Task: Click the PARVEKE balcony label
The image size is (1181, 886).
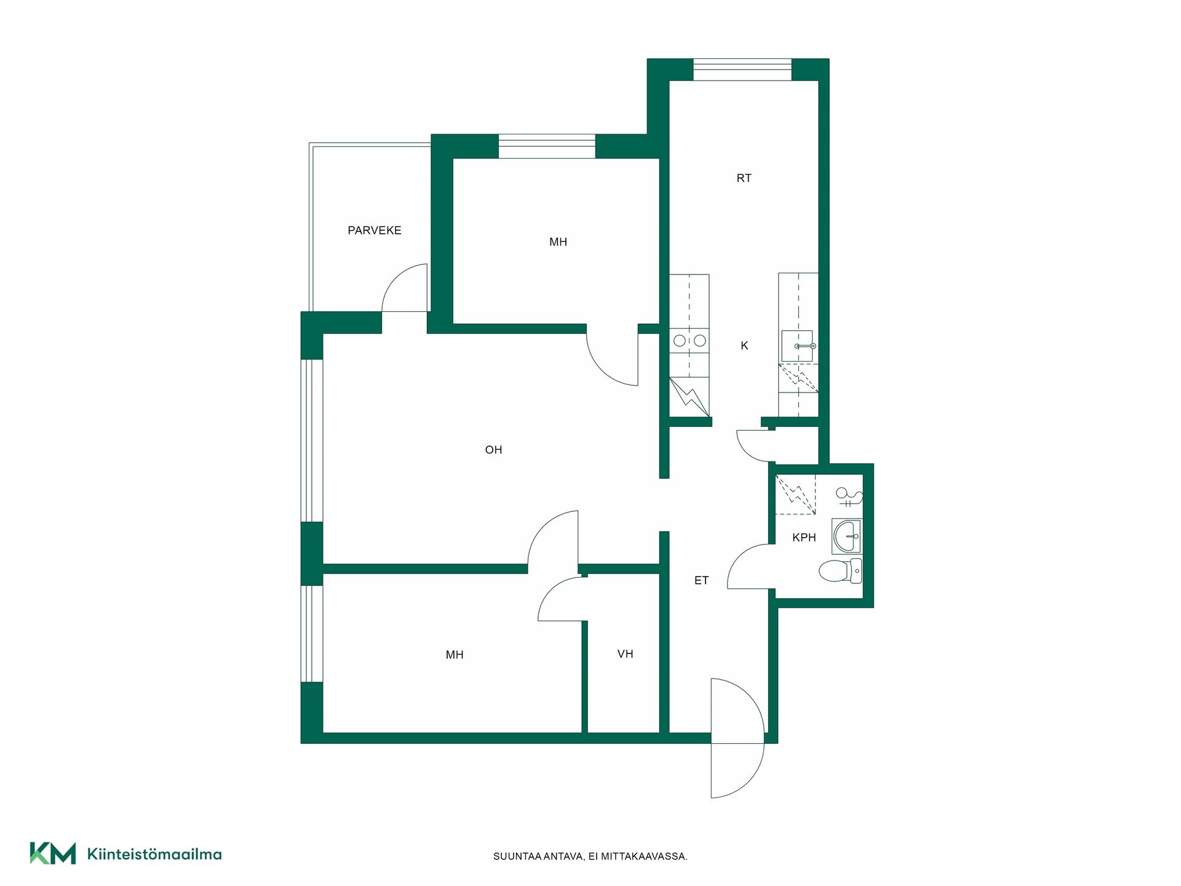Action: (374, 231)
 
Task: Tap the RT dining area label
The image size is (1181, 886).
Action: (744, 178)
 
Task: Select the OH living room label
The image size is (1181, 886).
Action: (493, 450)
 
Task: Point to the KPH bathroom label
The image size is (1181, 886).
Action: (804, 538)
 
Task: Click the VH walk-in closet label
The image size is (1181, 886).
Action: (625, 654)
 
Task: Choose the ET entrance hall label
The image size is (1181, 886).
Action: (701, 580)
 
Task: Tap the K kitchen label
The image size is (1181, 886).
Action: (744, 346)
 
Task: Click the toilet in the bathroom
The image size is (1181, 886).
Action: (841, 571)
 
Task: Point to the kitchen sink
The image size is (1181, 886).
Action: (798, 346)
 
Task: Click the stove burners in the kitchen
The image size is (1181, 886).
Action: (690, 340)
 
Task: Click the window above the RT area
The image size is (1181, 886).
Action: (742, 70)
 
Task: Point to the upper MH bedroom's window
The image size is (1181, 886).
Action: (547, 146)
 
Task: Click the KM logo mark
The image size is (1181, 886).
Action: (53, 853)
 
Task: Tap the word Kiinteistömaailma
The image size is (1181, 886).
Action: (154, 854)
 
